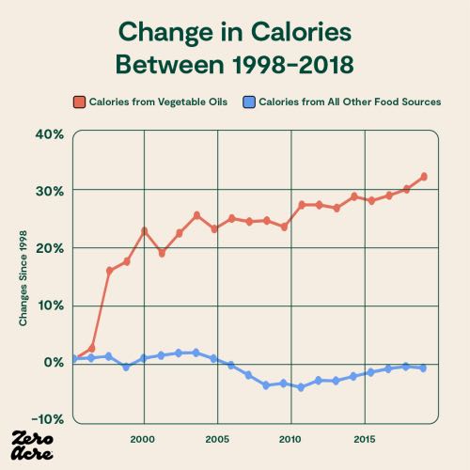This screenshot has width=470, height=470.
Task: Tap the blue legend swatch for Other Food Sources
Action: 249,102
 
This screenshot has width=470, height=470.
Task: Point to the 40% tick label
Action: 50,133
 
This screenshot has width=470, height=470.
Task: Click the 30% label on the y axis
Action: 50,191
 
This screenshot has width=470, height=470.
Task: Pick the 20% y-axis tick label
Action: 50,248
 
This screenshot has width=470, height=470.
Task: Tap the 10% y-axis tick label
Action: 50,305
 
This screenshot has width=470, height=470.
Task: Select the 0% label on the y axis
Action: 53,363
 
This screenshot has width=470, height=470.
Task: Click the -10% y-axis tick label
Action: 48,419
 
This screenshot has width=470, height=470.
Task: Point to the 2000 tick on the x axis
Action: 143,439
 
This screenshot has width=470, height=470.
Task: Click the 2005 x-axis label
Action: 217,439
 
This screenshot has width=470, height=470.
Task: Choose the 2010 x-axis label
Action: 290,439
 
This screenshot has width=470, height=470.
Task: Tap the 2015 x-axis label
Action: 365,439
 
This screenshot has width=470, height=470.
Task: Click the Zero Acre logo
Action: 34,444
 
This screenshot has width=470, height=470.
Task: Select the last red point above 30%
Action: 424,177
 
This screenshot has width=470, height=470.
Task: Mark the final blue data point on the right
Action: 424,368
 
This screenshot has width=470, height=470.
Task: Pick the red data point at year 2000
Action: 145,230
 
